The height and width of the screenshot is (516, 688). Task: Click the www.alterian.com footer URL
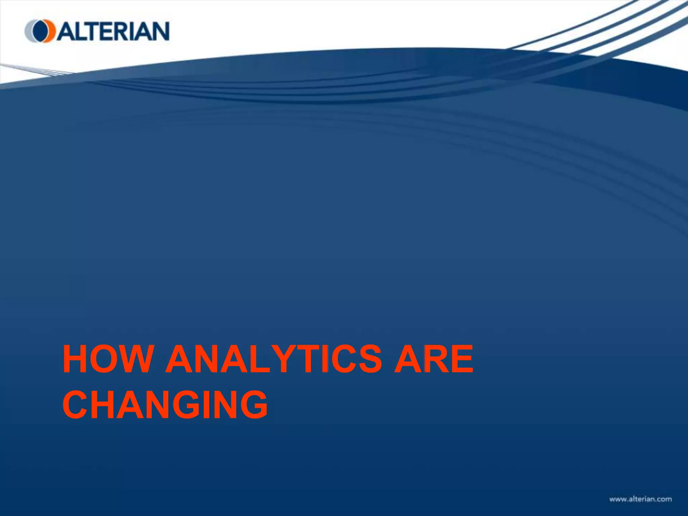[640, 499]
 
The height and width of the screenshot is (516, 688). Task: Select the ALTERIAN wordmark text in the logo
[113, 31]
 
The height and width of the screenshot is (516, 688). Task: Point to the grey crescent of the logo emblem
[29, 31]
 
